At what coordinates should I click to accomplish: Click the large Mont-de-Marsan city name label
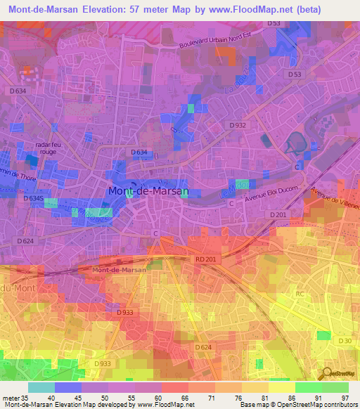(x=148, y=190)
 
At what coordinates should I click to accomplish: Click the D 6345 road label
(x=34, y=199)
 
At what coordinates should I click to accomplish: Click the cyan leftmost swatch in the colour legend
(x=41, y=387)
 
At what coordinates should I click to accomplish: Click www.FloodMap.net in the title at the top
(x=271, y=10)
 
